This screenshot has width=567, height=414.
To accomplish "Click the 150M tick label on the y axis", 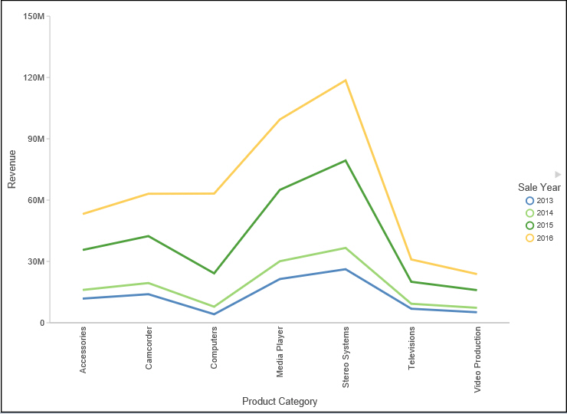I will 34,16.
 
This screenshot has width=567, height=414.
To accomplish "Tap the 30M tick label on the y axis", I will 36,261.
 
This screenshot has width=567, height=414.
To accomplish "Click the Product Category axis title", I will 280,401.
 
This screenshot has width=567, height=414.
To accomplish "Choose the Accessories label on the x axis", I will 83,350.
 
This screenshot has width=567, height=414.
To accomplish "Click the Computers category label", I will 214,348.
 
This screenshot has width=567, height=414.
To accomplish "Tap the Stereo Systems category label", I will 346,356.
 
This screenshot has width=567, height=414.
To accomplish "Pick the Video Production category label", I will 477,360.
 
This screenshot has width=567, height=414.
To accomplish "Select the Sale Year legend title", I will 539,187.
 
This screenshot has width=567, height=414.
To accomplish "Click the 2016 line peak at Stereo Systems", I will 346,80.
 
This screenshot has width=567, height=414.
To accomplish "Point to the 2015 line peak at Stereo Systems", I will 346,160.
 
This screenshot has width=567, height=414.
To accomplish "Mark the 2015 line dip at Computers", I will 214,273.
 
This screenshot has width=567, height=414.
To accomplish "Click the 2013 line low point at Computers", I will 214,314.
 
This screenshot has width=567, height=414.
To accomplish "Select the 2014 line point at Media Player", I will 280,261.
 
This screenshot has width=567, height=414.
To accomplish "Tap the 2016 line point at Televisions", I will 411,259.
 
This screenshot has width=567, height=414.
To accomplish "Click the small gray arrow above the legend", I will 558,175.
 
